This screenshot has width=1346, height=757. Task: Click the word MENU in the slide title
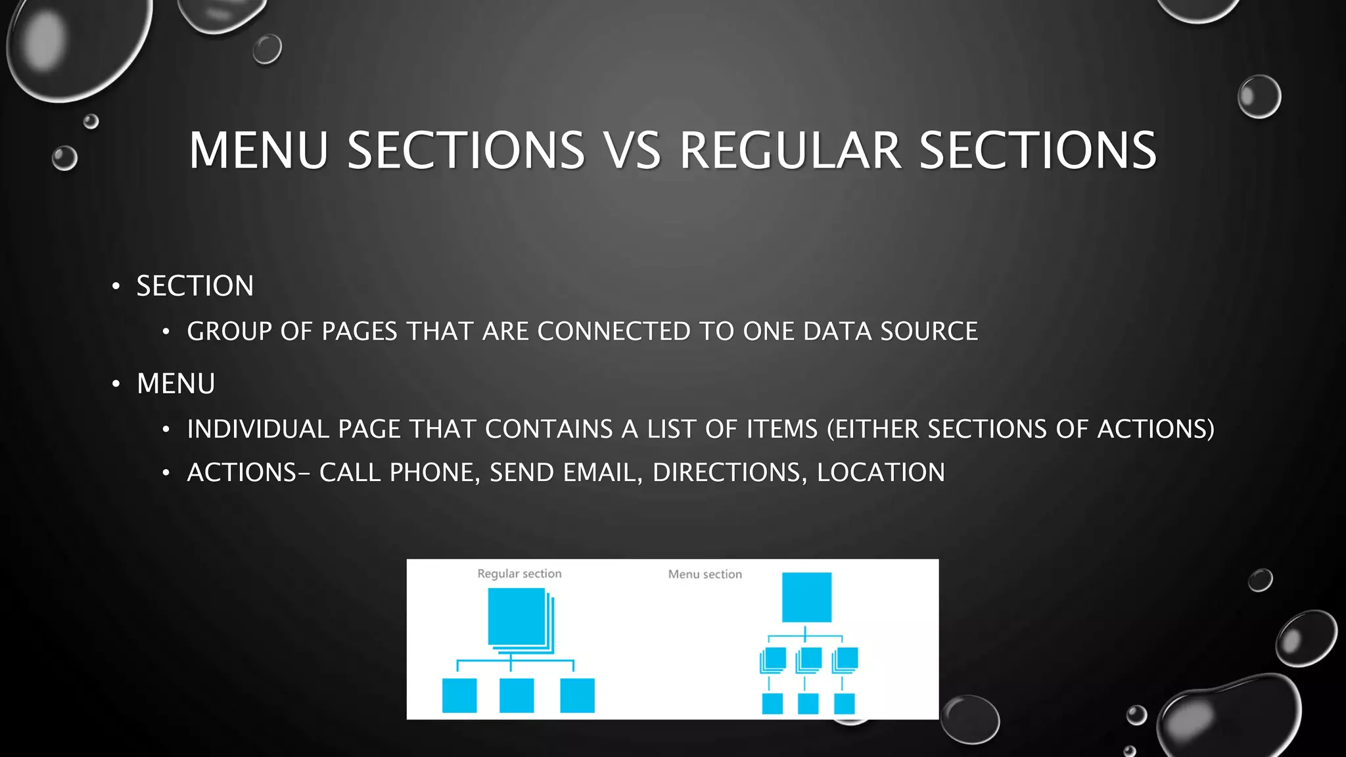point(258,150)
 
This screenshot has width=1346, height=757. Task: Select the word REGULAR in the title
point(789,150)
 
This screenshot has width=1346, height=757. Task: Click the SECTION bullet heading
point(195,286)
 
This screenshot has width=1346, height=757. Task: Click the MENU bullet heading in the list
point(175,384)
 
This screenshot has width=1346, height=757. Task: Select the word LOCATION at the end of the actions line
point(881,472)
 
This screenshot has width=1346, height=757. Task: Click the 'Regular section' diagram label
point(519,574)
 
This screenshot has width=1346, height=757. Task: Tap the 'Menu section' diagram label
point(705,574)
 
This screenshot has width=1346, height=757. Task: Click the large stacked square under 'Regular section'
point(517,616)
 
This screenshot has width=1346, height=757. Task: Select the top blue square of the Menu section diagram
point(806,597)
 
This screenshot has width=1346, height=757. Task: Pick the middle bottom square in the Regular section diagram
point(517,695)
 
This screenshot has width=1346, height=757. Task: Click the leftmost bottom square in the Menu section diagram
point(772,703)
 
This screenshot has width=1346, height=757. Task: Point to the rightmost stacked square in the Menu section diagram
point(847,659)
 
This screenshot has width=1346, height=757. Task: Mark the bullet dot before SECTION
point(116,286)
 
